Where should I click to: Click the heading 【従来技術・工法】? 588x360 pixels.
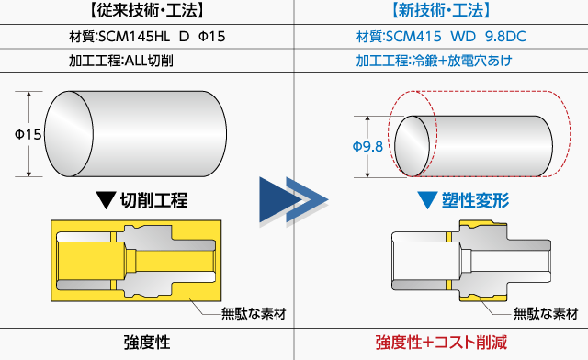coord(147,10)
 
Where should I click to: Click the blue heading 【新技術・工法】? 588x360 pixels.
coord(441,10)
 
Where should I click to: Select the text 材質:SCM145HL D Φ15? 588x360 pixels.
coord(147,37)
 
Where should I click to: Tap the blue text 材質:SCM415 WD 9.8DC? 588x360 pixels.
coord(441,37)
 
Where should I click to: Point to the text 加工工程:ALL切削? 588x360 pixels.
coord(120,61)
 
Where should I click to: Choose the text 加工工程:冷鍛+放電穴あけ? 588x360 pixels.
coord(434,61)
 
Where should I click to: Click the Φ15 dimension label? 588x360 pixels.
coord(28,134)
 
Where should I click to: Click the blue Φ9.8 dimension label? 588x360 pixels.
coord(367,146)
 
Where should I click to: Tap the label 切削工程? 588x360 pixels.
coord(153,200)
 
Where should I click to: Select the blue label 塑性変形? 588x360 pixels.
coord(475,200)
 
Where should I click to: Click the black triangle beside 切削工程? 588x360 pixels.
coord(106,200)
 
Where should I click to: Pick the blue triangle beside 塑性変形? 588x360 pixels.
coord(427,200)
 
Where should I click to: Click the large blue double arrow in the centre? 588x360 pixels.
coord(294,200)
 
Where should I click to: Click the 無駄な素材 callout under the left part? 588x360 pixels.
coord(254,313)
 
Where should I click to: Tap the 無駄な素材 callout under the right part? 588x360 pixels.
coord(546,313)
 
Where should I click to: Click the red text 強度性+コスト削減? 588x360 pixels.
coord(441,343)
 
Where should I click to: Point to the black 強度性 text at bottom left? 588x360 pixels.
coord(147,343)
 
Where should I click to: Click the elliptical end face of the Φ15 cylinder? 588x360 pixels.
coord(69,134)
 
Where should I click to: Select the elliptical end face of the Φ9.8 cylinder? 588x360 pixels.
coord(413,146)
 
